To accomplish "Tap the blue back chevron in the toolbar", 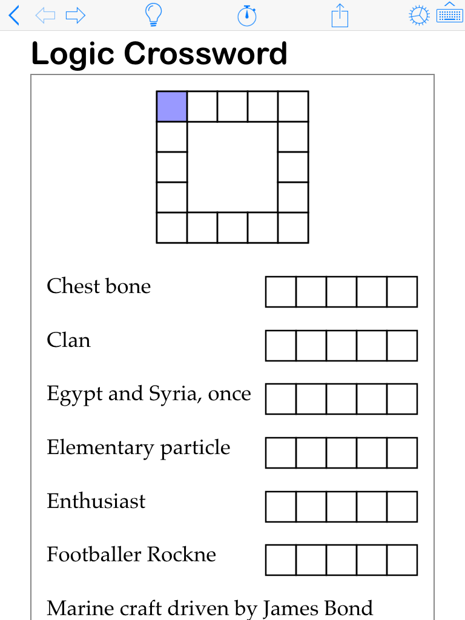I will click(14, 15).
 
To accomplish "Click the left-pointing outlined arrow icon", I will click(45, 15).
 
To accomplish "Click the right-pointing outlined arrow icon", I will click(76, 15).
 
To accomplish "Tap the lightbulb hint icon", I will click(153, 15).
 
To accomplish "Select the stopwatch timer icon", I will click(246, 15).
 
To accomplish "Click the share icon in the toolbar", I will click(340, 15).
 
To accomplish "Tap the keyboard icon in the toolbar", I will click(449, 14).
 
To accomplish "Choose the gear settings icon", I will click(419, 16).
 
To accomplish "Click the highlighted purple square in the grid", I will click(171, 106).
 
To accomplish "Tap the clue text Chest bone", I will click(99, 286).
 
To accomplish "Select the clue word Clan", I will click(68, 340).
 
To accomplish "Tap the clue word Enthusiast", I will click(96, 501).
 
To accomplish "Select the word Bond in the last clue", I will click(351, 608).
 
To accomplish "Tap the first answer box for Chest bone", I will click(280, 291).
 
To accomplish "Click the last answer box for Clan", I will click(402, 345).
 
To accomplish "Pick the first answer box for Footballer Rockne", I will click(280, 559).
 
